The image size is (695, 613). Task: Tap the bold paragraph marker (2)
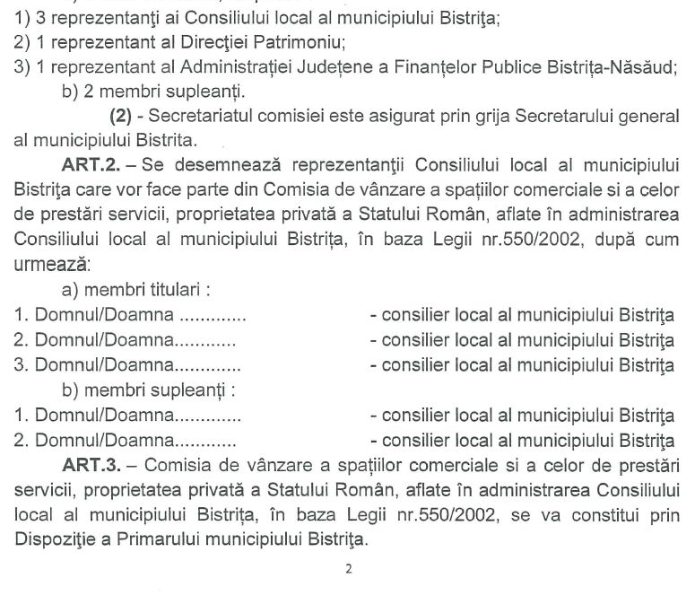tap(125, 116)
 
